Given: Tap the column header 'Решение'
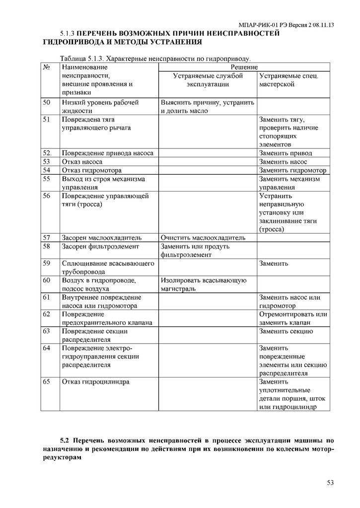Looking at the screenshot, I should [244, 66].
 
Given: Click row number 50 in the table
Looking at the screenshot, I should [47, 103].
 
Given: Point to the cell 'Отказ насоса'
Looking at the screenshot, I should [82, 162].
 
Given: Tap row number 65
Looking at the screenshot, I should [47, 382].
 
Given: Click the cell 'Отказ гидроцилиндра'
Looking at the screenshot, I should [95, 382].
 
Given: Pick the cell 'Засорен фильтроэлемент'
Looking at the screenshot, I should [100, 246].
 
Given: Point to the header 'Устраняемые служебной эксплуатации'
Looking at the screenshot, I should [208, 80].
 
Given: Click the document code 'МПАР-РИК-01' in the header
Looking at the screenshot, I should [258, 24].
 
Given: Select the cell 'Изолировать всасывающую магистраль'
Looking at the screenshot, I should [204, 284].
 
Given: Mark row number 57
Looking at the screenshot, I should [47, 237].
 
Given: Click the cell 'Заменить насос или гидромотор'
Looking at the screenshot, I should [289, 302].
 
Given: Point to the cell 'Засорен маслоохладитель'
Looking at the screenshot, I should [102, 237].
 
